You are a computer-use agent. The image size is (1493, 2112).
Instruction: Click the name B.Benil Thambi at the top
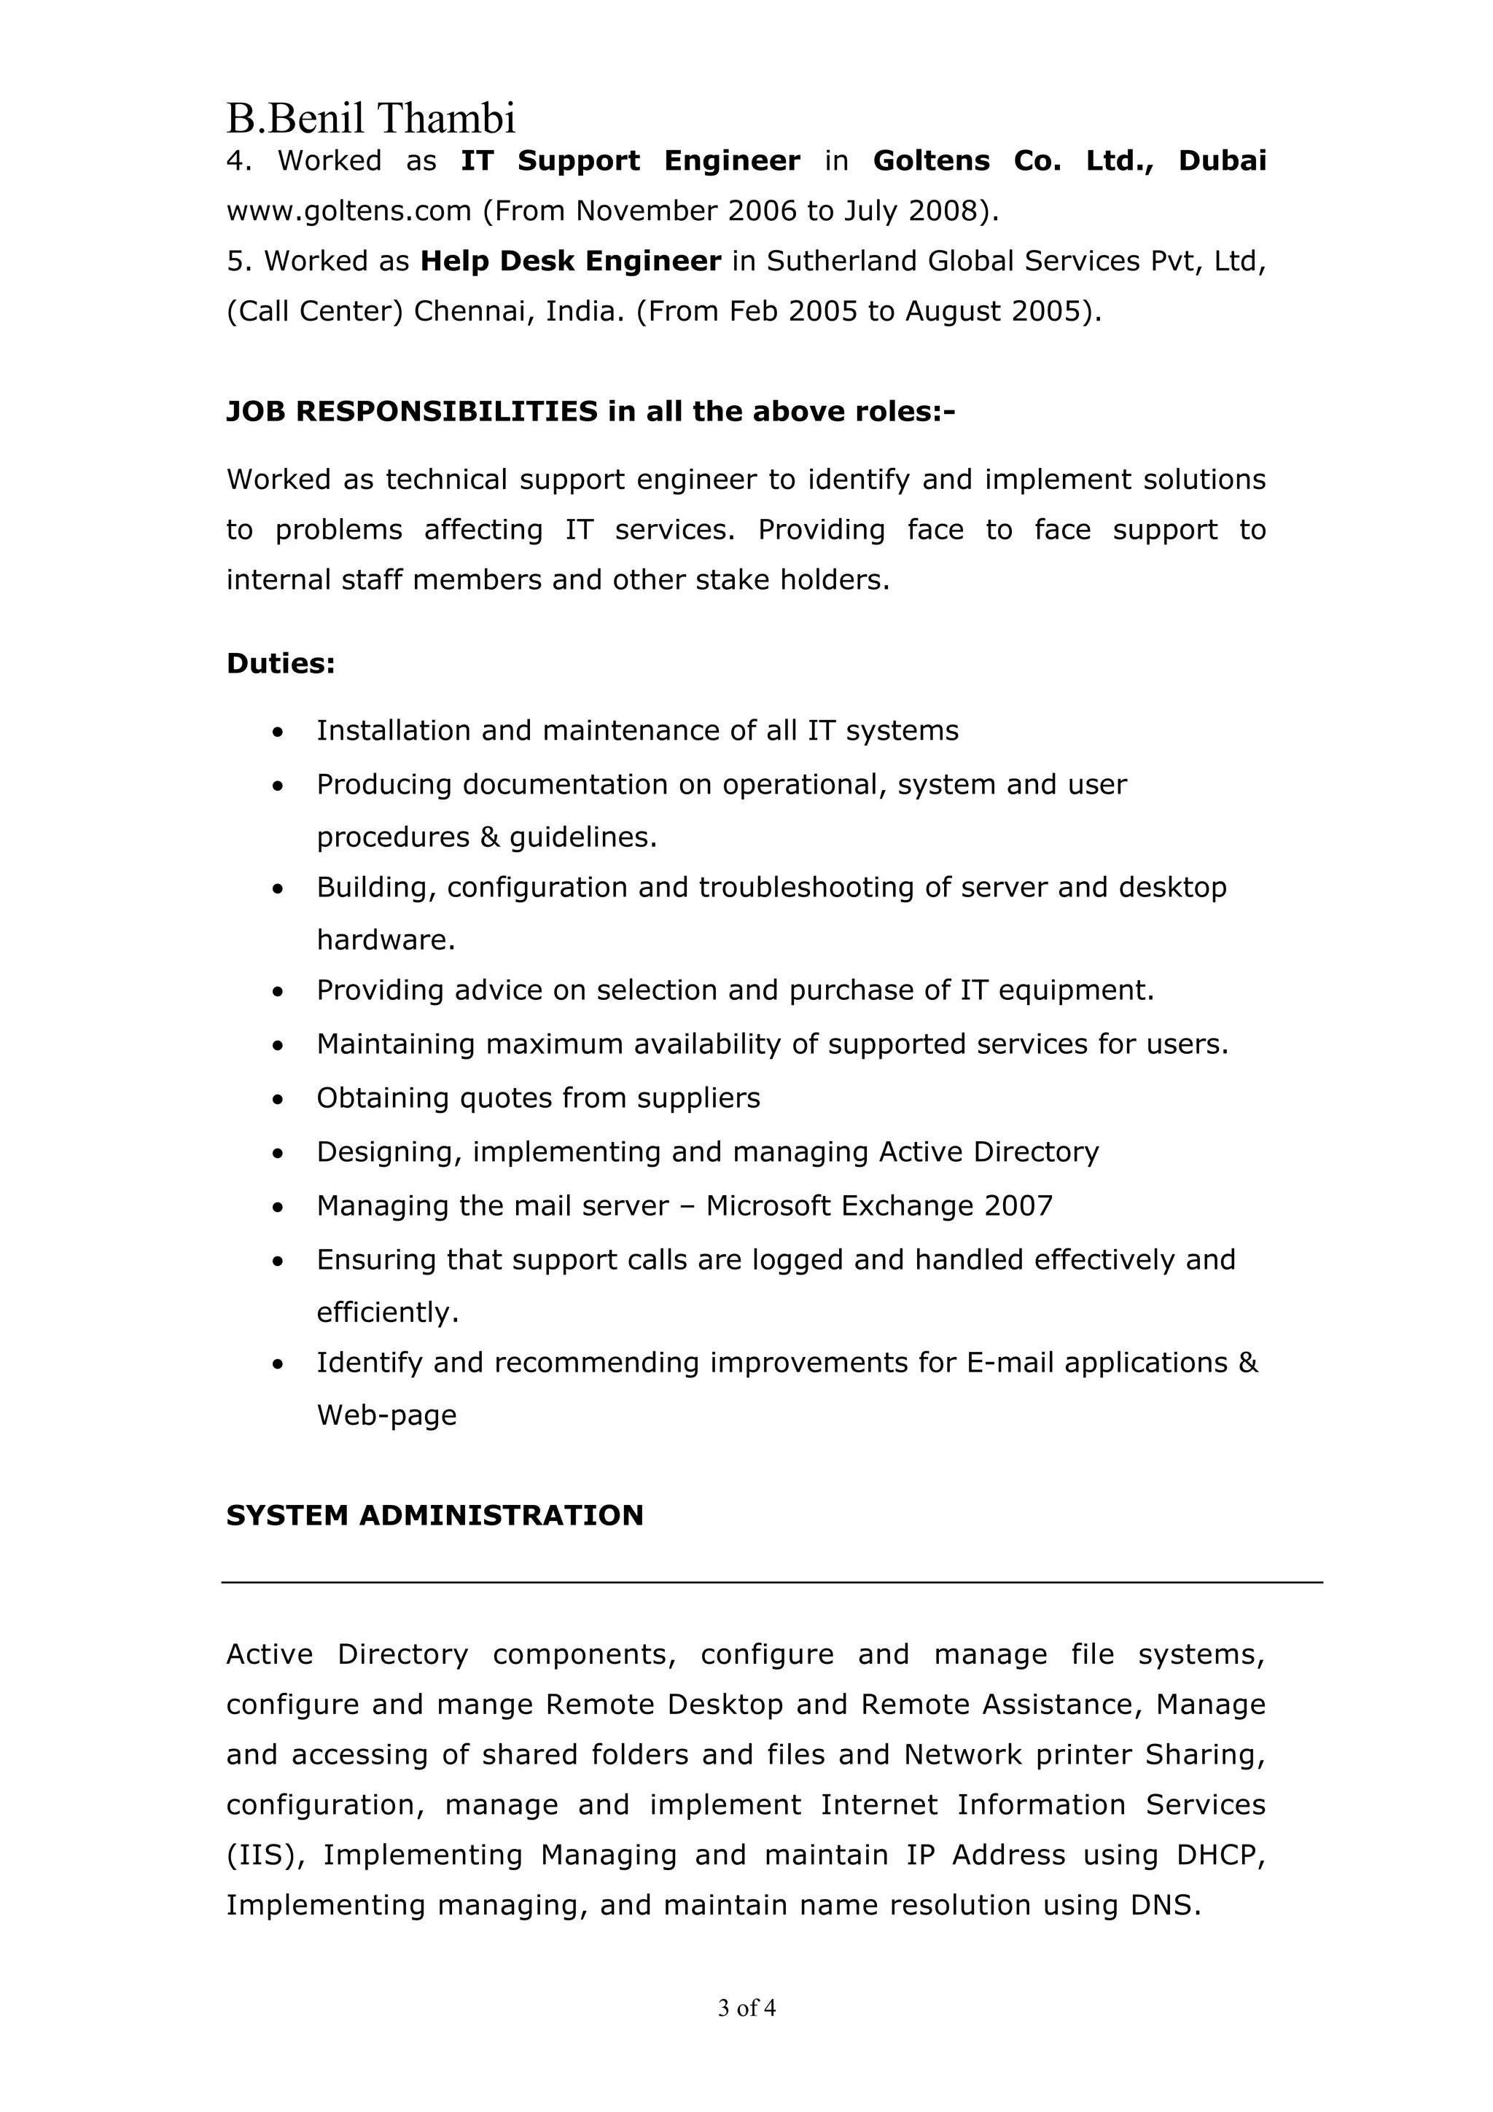click(371, 119)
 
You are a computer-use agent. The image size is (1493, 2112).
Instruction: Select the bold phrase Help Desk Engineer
click(570, 261)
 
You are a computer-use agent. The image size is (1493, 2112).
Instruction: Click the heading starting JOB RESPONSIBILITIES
click(590, 411)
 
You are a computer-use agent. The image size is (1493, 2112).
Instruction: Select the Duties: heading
click(281, 663)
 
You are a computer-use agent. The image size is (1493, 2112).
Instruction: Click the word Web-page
click(386, 1415)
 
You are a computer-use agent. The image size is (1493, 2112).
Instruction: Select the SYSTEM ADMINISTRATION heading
click(434, 1516)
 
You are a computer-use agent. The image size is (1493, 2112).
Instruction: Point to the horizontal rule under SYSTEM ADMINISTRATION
click(771, 1582)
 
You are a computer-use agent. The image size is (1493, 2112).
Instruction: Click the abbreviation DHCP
click(1220, 1855)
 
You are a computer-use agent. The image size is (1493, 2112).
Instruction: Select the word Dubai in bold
click(1222, 161)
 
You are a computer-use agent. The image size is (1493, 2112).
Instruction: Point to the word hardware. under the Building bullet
click(386, 940)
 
